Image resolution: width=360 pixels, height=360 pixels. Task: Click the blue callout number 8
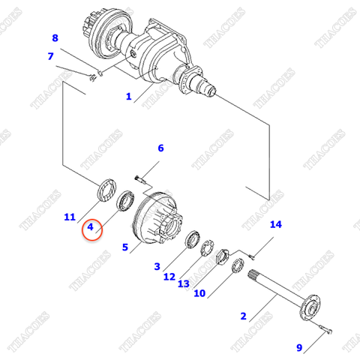pyautogui.click(x=54, y=38)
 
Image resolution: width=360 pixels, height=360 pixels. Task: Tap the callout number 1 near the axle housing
pyautogui.click(x=128, y=97)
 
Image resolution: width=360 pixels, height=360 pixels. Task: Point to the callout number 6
pyautogui.click(x=160, y=148)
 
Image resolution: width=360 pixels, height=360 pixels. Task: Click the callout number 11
pyautogui.click(x=70, y=217)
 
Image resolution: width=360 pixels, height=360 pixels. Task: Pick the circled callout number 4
pyautogui.click(x=90, y=226)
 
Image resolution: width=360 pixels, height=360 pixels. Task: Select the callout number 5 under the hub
pyautogui.click(x=126, y=247)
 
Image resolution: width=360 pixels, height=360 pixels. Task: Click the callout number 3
pyautogui.click(x=157, y=266)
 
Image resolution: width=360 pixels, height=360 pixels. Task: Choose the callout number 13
pyautogui.click(x=184, y=284)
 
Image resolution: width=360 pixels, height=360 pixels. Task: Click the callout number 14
pyautogui.click(x=275, y=224)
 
